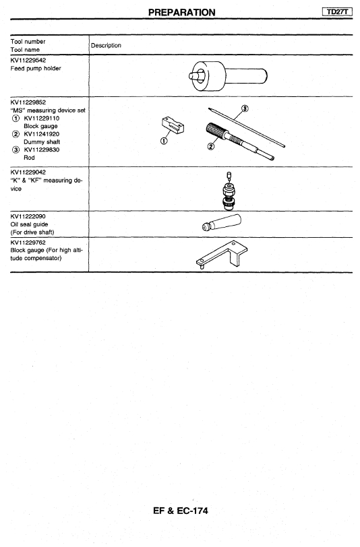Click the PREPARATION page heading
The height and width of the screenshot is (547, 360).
point(181,12)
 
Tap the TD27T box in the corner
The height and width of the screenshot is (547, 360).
point(338,12)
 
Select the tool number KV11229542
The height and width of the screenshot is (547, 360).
point(28,60)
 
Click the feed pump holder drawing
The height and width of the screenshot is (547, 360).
point(228,76)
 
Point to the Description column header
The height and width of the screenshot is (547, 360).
point(106,45)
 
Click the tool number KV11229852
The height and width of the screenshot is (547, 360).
point(28,102)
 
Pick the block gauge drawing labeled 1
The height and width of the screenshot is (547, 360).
point(173,125)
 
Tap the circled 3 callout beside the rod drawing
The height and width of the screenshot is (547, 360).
point(245,108)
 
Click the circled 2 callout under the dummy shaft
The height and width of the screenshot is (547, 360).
point(210,147)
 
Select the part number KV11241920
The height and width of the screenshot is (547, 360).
point(42,134)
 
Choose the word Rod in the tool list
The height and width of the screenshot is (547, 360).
point(30,158)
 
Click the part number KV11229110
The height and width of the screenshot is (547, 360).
point(42,119)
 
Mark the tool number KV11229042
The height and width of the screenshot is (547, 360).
point(28,172)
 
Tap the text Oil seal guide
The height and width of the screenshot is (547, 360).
point(30,224)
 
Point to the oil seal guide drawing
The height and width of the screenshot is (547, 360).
point(222,222)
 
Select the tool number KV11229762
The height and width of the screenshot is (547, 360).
point(28,243)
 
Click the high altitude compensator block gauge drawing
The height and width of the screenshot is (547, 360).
point(222,255)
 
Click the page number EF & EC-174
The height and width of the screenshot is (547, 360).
point(181,511)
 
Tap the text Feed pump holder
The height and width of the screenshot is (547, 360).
point(36,69)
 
